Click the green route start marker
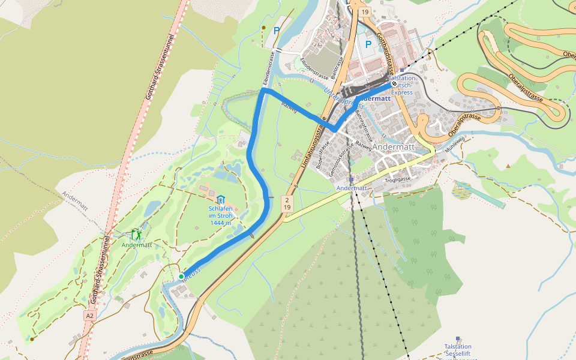click(x=181, y=276)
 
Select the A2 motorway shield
click(x=89, y=315)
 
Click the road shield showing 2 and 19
click(x=287, y=203)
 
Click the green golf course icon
click(x=136, y=235)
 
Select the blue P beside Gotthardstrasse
click(x=368, y=44)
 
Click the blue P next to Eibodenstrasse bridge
click(x=277, y=31)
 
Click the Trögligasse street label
click(x=398, y=179)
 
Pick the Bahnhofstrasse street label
click(x=363, y=122)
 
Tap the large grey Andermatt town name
click(x=394, y=146)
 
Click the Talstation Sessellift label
click(x=458, y=350)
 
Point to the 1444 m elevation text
click(x=221, y=223)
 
